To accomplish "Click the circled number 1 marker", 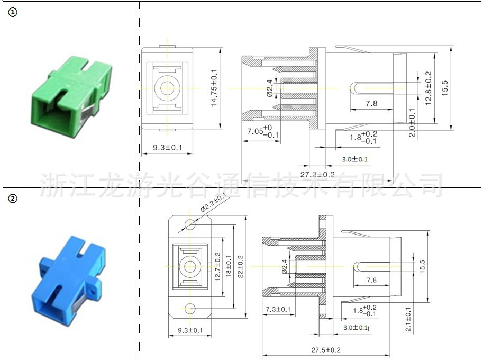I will coord(13,13).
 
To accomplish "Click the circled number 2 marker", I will coord(13,199).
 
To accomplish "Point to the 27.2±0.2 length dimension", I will coord(317,174).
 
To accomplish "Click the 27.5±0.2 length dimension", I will coord(326,350).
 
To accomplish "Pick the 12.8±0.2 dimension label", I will coord(429,87).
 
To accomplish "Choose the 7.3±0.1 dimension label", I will coord(278,309).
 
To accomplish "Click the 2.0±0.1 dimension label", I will coord(412,122).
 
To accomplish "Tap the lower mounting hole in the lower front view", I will coord(190,308).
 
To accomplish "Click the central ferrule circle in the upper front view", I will coord(167,88).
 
